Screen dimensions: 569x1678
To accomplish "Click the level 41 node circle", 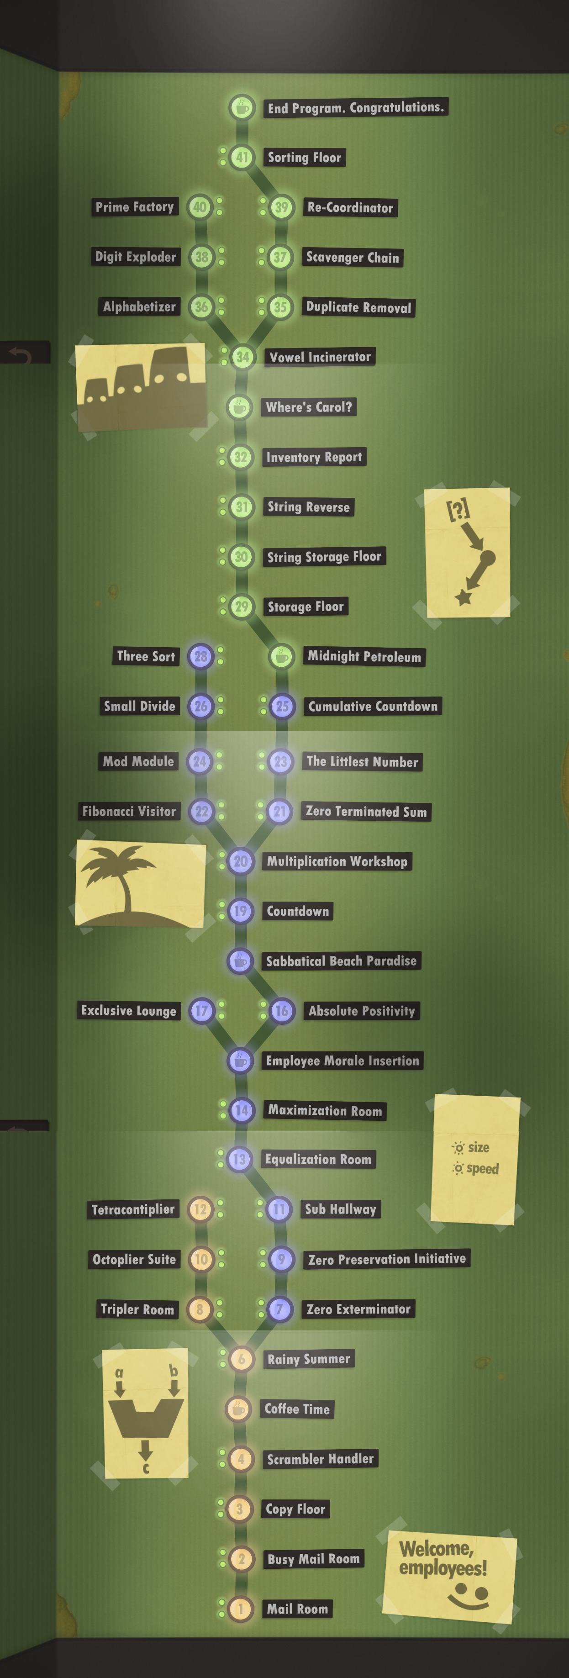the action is click(x=242, y=157).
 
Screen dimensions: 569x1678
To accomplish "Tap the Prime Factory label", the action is click(x=135, y=207).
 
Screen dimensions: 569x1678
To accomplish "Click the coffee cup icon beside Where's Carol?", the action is click(x=240, y=407).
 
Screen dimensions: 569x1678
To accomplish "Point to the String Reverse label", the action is click(x=308, y=507).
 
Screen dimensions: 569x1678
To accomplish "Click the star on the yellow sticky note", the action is click(x=463, y=596).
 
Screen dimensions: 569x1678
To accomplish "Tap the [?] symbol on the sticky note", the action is click(x=458, y=509).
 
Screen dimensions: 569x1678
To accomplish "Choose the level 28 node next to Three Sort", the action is click(x=200, y=656).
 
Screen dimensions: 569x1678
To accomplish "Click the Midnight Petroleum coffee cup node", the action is click(x=282, y=656).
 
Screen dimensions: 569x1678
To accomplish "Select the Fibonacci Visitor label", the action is click(x=129, y=811).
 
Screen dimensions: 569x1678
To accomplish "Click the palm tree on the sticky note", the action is click(x=121, y=873).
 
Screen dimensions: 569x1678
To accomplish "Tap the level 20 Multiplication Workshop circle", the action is click(x=240, y=861).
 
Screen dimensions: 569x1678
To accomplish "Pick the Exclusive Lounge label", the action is click(x=129, y=1010).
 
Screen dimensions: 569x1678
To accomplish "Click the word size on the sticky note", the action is click(x=479, y=1147).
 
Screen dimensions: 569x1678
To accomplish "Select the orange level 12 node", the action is click(x=200, y=1209).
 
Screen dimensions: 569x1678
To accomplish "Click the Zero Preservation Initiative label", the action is click(x=387, y=1259).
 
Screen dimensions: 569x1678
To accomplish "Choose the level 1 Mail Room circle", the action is click(x=240, y=1608).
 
